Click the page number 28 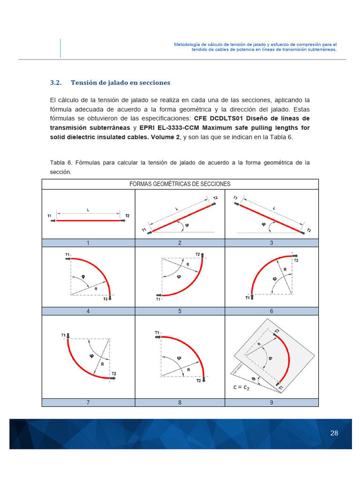(334, 433)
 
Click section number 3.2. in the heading (56, 82)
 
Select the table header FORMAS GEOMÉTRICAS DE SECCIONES (180, 184)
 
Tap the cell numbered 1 (88, 243)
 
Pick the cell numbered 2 (180, 243)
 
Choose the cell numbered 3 (271, 243)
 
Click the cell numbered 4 (88, 311)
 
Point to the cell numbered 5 (180, 311)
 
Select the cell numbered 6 (271, 311)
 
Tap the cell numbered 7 (88, 403)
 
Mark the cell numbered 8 (180, 403)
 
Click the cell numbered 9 (271, 403)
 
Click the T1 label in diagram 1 (50, 216)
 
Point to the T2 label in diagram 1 (127, 216)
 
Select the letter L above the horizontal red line (88, 210)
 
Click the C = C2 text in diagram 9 (244, 388)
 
